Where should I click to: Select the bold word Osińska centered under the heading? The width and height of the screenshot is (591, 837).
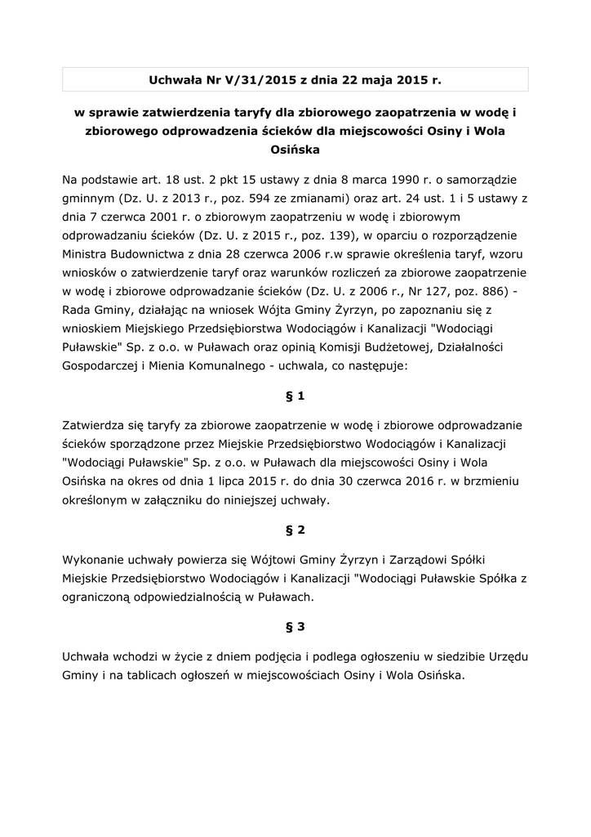(295, 150)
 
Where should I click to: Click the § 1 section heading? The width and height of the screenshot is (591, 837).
(295, 396)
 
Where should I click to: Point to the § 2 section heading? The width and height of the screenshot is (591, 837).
(295, 530)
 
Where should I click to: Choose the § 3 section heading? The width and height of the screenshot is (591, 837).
(295, 627)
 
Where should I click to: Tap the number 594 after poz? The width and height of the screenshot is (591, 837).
(247, 198)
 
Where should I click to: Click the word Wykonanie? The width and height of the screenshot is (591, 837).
(92, 559)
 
